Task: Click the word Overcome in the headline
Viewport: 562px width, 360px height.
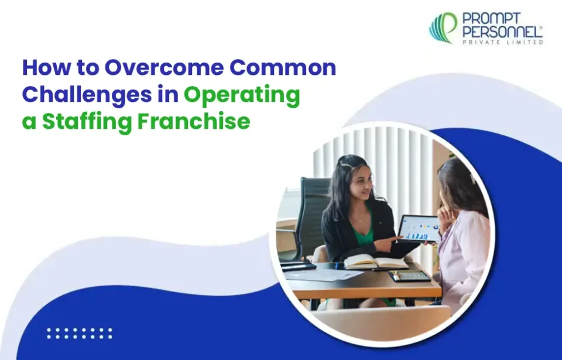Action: pos(164,67)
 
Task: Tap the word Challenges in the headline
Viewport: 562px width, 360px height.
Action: pos(87,94)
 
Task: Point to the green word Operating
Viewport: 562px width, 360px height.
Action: pos(242,95)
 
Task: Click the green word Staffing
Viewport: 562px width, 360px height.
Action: pos(87,122)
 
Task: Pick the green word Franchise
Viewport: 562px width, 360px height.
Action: pos(194,121)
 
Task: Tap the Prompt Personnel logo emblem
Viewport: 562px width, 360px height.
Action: pos(443,28)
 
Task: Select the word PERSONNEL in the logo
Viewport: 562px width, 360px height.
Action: pos(502,32)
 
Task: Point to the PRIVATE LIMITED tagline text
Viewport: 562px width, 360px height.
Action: pos(503,42)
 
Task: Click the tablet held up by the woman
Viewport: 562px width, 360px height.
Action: pos(419,228)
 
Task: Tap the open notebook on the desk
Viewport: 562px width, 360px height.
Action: pos(376,262)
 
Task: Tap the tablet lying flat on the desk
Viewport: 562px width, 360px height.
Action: pos(409,276)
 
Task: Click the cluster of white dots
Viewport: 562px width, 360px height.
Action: pos(80,333)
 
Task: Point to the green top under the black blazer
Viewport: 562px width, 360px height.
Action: pos(362,233)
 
